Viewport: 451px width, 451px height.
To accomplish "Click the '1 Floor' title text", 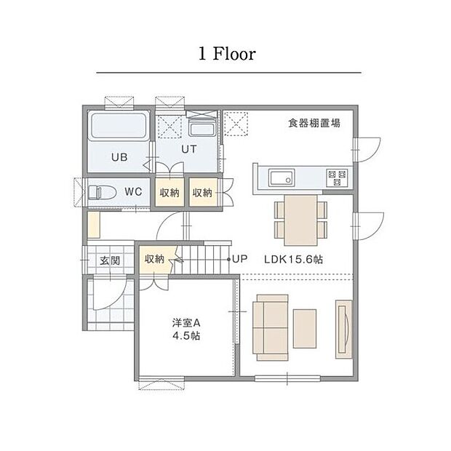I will (x=226, y=54).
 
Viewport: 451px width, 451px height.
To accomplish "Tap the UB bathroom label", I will (x=119, y=156).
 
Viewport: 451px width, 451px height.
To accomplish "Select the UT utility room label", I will (x=189, y=148).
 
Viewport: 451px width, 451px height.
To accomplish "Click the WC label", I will (x=132, y=192).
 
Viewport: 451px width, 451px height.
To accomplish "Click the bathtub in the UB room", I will (x=119, y=129).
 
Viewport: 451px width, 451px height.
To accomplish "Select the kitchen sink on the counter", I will (x=280, y=176).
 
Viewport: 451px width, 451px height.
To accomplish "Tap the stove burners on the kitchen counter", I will (x=337, y=176).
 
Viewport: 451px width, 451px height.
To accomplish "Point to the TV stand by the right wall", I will (x=343, y=328).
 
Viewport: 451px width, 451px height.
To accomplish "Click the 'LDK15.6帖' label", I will (x=295, y=259).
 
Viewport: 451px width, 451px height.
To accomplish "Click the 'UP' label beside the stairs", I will (x=240, y=259).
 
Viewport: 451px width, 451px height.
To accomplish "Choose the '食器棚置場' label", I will (x=314, y=124).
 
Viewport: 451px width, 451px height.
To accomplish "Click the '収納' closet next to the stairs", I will (x=153, y=259).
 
